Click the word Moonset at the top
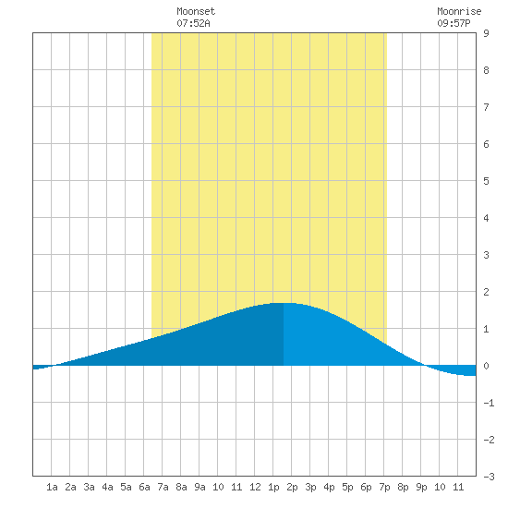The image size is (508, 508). (196, 12)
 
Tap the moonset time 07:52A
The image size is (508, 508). (193, 23)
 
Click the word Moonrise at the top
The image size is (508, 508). (459, 12)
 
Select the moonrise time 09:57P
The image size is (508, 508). (454, 23)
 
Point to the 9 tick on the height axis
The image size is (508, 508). (486, 33)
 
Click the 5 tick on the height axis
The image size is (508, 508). (486, 181)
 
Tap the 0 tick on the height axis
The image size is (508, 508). (486, 366)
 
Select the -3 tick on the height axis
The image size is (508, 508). (489, 477)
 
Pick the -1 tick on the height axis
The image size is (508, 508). (489, 403)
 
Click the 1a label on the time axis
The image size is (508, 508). (52, 487)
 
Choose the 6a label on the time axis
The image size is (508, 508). (144, 487)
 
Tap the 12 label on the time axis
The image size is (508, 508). (255, 487)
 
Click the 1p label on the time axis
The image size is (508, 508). (273, 487)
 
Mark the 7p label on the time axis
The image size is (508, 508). (384, 487)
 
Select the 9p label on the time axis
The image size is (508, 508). (421, 487)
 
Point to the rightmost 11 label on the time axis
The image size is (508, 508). (458, 487)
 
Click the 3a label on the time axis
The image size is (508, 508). (89, 487)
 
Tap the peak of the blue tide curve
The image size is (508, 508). (284, 303)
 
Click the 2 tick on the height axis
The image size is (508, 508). (486, 292)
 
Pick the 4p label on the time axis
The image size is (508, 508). (329, 487)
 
